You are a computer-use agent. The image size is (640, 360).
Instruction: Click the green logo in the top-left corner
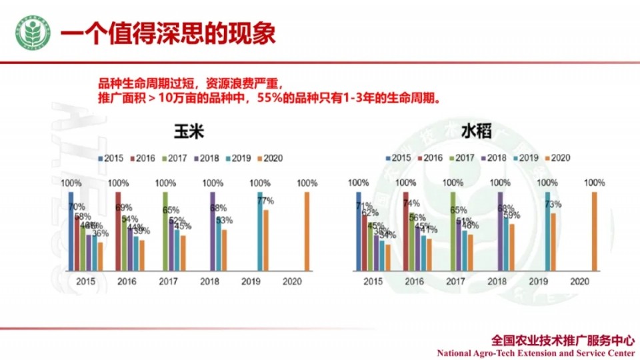coord(33,34)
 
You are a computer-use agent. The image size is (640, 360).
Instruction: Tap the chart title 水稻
coord(476,131)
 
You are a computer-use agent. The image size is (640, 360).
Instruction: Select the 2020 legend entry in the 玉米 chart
coord(269,158)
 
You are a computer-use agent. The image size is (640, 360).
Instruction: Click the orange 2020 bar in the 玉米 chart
coord(307,231)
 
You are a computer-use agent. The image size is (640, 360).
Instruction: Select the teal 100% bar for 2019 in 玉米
coord(260,231)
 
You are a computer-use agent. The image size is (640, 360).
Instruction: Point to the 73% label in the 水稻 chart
coord(553,204)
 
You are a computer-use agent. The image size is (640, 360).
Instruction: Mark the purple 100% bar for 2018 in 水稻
coord(500,231)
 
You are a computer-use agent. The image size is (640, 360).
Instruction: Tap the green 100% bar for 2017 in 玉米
coord(165,231)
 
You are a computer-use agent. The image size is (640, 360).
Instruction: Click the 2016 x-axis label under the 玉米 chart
coord(127,282)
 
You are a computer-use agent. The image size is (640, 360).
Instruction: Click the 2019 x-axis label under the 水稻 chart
coord(538,282)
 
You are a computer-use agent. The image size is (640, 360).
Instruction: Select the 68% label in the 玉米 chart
coord(218,208)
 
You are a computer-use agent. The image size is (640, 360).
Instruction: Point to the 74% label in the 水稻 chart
coord(411,203)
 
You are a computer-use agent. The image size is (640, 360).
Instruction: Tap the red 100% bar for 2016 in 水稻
coord(405,231)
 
